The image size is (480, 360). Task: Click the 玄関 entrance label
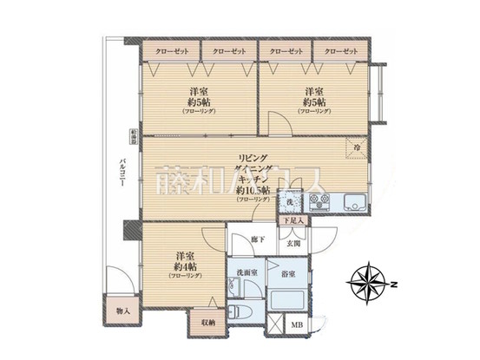tap(293, 245)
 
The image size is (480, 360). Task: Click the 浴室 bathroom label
tap(287, 274)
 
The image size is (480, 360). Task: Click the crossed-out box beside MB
tap(273, 325)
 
